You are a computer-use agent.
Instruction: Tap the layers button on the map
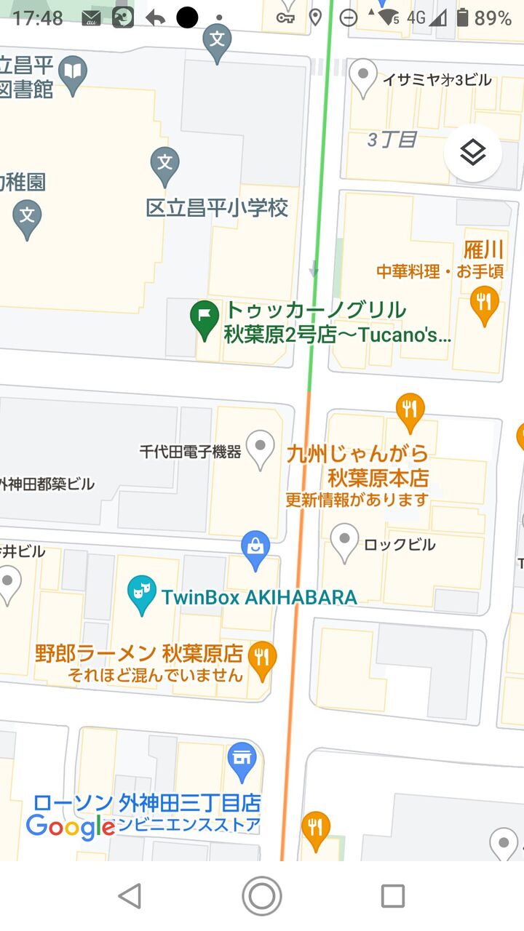point(473,153)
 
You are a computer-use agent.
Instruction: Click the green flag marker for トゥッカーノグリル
point(205,317)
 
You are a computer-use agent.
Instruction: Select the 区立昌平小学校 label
point(217,208)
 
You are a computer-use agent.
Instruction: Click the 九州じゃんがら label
point(357,455)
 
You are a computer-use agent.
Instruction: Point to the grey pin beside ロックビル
point(344,541)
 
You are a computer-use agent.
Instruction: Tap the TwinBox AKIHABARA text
point(258,598)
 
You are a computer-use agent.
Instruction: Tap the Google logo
point(70,826)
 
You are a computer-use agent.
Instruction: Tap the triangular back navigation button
point(130,896)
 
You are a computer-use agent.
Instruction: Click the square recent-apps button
point(393,896)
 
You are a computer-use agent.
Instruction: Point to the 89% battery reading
point(493,17)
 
